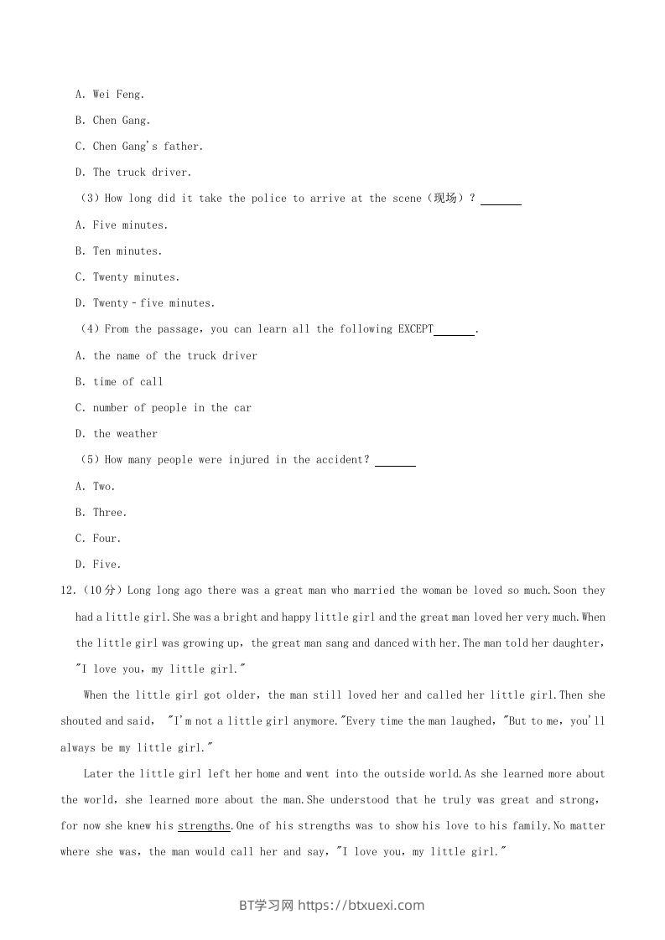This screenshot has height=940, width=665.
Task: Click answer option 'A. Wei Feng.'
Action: click(110, 95)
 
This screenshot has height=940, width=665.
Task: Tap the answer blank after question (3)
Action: click(501, 199)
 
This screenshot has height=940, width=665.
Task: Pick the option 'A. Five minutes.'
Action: click(122, 225)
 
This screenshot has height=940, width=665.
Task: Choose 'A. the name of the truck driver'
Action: click(166, 356)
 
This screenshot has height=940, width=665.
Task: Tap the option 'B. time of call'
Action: click(119, 382)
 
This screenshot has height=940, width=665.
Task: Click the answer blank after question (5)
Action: click(395, 461)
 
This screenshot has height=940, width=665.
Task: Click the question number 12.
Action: click(67, 591)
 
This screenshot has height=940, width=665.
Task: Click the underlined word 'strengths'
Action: click(204, 826)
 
